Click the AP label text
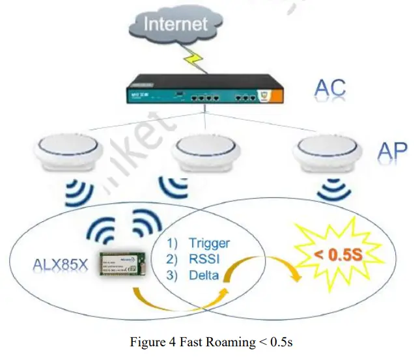coord(392,151)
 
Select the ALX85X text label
coord(57,265)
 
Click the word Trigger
coord(209,243)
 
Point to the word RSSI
coord(204,259)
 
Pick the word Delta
coord(204,275)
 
